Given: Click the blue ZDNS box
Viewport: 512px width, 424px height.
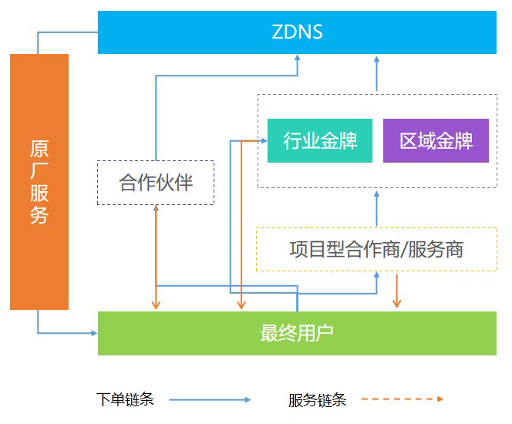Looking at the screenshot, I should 297,32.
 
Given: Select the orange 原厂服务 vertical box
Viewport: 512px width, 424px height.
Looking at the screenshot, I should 39,181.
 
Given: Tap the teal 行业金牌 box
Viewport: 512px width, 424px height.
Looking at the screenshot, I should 319,141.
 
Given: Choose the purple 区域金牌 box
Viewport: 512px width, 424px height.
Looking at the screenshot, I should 436,141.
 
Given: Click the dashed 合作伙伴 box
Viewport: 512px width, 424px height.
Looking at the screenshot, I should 155,183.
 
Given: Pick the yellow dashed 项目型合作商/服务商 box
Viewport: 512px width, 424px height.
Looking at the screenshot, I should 376,249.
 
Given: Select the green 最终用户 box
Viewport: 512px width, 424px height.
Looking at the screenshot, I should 297,333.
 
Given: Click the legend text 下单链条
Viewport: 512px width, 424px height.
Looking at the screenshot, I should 126,399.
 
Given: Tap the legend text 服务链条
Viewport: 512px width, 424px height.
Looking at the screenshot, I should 318,399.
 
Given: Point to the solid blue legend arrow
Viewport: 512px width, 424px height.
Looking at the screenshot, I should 210,399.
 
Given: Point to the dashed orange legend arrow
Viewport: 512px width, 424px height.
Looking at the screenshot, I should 402,399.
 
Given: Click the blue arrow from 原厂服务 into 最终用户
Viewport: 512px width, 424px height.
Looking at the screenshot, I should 69,333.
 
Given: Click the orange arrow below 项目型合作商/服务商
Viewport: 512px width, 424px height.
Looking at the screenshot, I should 397,291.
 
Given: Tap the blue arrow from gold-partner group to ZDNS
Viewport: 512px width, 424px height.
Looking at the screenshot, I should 377,73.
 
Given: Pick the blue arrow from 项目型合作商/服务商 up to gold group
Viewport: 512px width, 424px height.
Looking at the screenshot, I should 377,207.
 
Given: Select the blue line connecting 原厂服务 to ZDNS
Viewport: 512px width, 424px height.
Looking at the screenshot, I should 68,32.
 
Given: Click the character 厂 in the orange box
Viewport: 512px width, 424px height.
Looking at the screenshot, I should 39,170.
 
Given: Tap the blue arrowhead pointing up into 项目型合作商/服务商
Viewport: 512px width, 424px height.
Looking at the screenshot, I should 377,276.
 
